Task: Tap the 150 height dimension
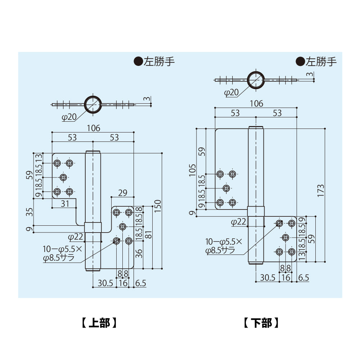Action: click(157, 210)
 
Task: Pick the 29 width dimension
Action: click(122, 193)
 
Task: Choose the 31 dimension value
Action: click(64, 203)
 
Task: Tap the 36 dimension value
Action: click(140, 254)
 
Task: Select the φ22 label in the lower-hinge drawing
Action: click(238, 222)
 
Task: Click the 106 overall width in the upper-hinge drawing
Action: click(93, 128)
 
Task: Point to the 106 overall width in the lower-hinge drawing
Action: click(256, 103)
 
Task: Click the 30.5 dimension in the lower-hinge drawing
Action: click(267, 278)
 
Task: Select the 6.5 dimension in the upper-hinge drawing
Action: click(140, 283)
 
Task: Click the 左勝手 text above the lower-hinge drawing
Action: click(321, 62)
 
